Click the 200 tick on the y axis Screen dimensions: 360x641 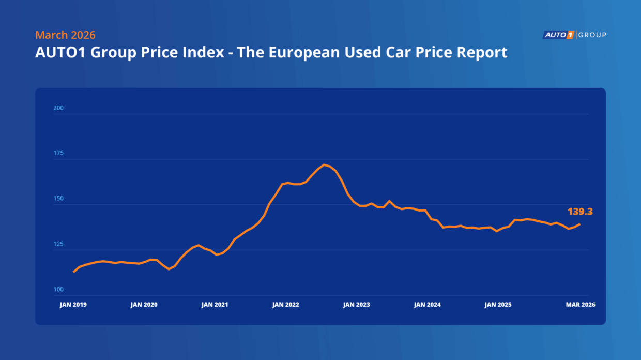click(x=58, y=108)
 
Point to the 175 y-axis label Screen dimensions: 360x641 click(x=58, y=153)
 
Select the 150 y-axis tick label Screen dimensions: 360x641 click(x=58, y=199)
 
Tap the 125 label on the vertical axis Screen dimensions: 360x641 click(x=58, y=244)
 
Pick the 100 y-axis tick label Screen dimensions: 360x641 click(x=58, y=289)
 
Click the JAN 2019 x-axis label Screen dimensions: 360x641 click(x=73, y=305)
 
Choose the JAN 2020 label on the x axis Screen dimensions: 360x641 click(x=144, y=305)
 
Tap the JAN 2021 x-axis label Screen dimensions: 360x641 click(x=215, y=305)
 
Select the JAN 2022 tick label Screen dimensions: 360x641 click(x=285, y=305)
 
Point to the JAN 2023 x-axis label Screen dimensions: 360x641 click(x=356, y=305)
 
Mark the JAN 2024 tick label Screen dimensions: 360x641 click(x=427, y=305)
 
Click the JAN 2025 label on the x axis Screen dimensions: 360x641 click(x=498, y=305)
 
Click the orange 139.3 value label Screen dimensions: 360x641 click(x=580, y=212)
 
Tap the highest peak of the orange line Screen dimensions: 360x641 click(x=324, y=164)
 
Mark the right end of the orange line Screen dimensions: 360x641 click(x=579, y=224)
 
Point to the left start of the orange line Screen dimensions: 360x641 click(x=74, y=272)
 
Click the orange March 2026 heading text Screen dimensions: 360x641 click(x=65, y=35)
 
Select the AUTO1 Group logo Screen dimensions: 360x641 click(x=574, y=35)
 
